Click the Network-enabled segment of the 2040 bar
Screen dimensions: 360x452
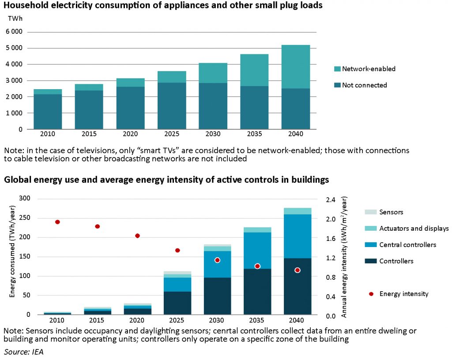(296, 67)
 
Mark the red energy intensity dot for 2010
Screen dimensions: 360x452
(57, 222)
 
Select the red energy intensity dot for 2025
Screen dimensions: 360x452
(177, 250)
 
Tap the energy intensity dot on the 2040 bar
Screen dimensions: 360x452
(298, 270)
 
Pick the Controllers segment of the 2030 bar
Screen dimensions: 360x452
(217, 296)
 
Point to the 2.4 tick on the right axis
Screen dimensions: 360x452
(331, 200)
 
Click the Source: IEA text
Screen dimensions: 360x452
(24, 352)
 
